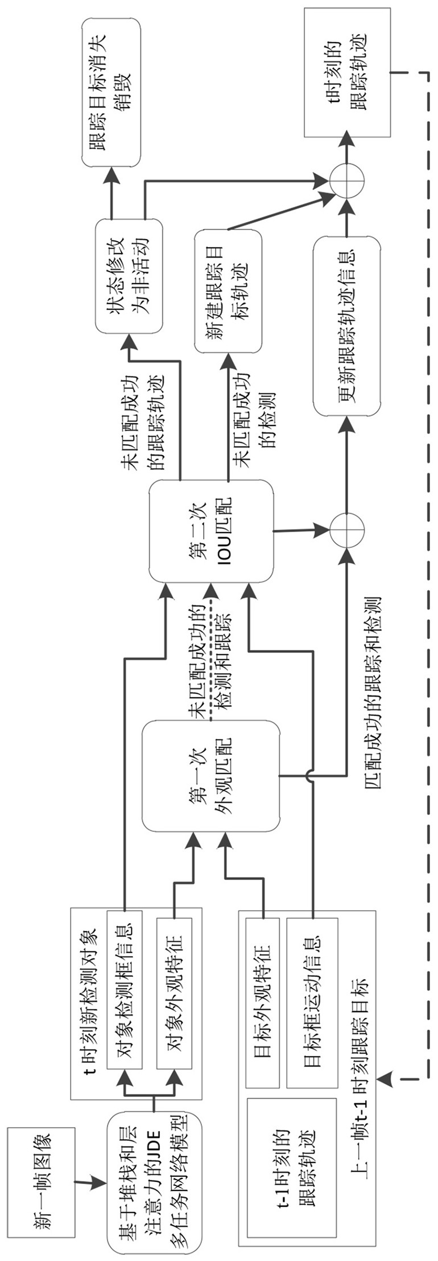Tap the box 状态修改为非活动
128,276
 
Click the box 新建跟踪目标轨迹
228,290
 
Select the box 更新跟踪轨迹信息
346,325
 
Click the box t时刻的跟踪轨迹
347,72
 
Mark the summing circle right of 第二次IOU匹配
346,531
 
